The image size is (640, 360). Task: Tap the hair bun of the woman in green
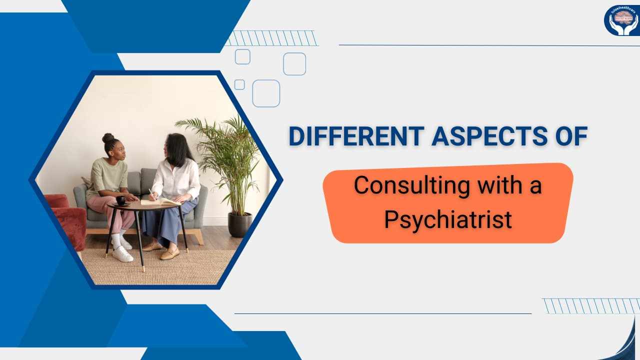click(108, 137)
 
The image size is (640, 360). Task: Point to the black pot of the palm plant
click(240, 224)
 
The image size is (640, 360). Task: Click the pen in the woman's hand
click(150, 192)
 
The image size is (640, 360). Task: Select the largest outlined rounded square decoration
click(266, 93)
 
